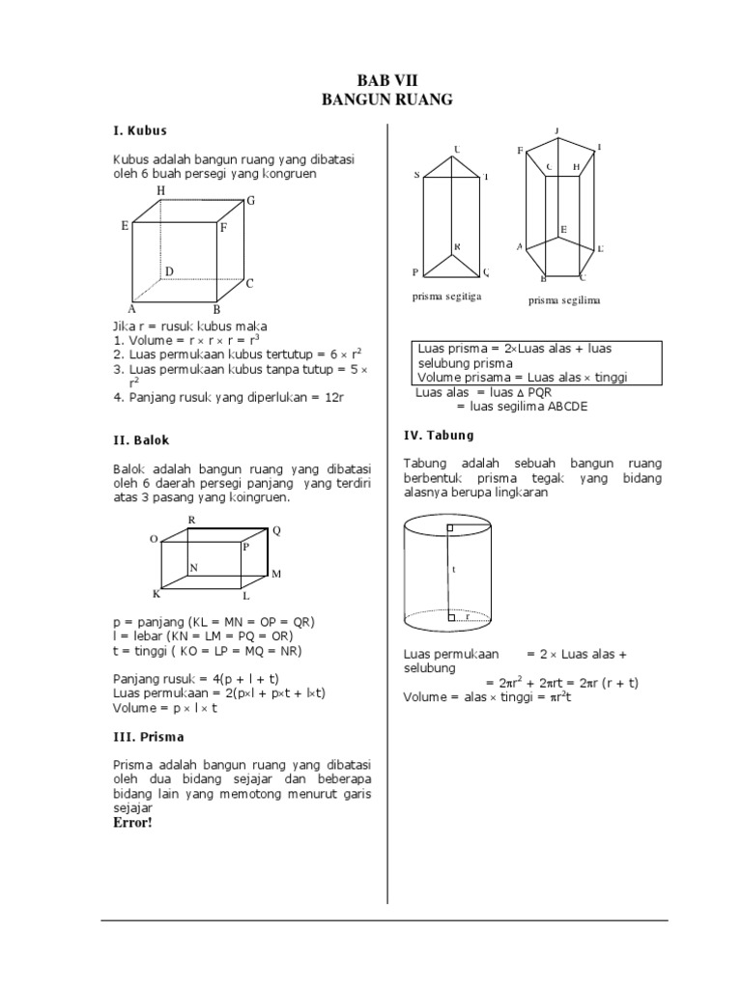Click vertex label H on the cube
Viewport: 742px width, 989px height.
(x=160, y=191)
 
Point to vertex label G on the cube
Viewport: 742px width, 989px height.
(x=251, y=201)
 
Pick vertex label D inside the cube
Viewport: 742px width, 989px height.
(x=168, y=272)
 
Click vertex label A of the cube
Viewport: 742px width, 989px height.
(x=129, y=309)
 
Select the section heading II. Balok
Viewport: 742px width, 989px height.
(x=141, y=439)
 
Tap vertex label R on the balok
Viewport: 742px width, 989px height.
(x=191, y=520)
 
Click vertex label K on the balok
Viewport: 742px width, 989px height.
(x=156, y=593)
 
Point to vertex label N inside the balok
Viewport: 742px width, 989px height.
(x=193, y=568)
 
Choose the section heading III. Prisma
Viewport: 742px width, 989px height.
(x=149, y=737)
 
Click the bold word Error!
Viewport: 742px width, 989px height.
(x=132, y=824)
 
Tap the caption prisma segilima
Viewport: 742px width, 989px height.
(x=564, y=300)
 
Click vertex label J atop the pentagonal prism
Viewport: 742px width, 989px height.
(x=556, y=129)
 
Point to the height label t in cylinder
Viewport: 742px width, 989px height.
(x=453, y=570)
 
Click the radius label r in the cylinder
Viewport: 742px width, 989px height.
(x=468, y=614)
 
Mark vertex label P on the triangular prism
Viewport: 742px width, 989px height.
(x=415, y=272)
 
